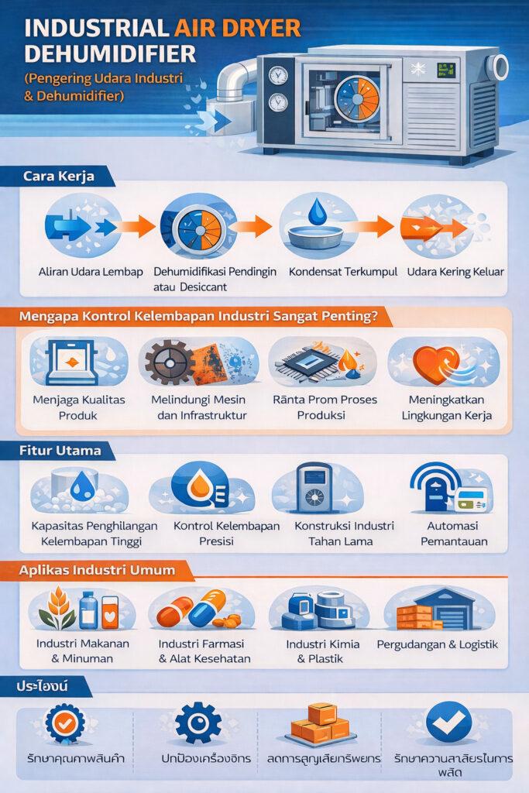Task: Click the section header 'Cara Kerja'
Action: point(59,177)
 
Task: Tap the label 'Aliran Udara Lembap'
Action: point(80,272)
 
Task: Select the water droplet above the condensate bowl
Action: point(318,211)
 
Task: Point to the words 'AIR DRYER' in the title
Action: point(239,29)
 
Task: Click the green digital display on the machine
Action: point(446,71)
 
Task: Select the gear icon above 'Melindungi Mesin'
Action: point(170,362)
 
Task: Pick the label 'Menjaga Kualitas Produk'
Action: point(80,407)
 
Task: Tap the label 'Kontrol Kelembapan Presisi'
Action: point(215,533)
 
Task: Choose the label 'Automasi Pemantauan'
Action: point(453,533)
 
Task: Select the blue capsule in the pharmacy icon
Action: point(207,608)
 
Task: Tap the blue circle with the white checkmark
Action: point(448,722)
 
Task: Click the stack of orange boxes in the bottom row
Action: point(320,723)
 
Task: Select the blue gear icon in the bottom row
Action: point(198,723)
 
